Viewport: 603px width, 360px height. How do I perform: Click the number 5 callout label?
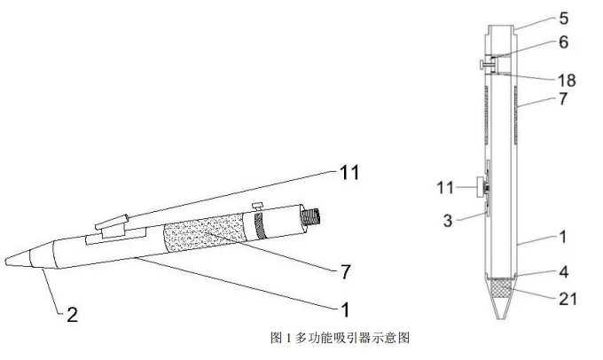click(563, 19)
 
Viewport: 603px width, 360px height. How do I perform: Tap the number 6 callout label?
click(563, 42)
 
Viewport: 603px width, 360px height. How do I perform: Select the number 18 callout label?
click(567, 81)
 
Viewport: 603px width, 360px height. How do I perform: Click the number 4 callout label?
click(563, 272)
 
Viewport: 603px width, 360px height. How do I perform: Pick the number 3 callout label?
click(448, 221)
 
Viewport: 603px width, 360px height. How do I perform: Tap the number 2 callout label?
click(73, 315)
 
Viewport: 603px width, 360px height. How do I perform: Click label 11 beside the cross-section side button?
click(445, 188)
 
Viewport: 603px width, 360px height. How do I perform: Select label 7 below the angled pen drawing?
click(346, 272)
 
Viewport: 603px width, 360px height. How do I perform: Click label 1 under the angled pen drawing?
click(346, 309)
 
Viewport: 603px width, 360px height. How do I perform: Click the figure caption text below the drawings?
click(340, 338)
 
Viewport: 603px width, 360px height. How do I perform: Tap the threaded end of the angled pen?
click(310, 216)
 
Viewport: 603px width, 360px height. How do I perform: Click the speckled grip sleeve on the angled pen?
click(203, 232)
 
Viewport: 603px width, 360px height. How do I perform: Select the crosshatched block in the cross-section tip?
click(502, 286)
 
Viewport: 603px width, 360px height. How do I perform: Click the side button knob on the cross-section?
click(481, 187)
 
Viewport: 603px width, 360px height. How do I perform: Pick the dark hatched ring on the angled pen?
click(260, 225)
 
